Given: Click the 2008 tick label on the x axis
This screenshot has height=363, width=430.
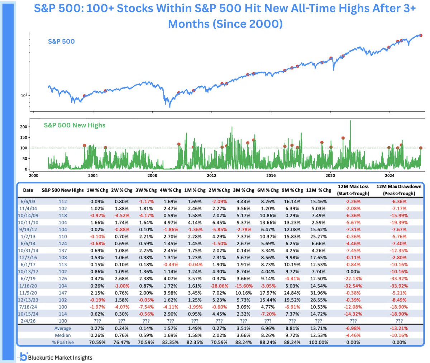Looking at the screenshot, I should pyautogui.click(x=152, y=175).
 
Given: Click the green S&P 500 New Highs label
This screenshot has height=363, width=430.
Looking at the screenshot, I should pyautogui.click(x=75, y=125).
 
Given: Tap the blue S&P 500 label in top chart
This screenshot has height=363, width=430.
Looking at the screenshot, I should pyautogui.click(x=61, y=42).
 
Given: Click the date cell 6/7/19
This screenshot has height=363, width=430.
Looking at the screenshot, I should pyautogui.click(x=28, y=279).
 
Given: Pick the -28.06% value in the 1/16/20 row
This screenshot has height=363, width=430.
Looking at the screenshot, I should pyautogui.click(x=219, y=286).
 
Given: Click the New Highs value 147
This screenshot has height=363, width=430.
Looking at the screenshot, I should pyautogui.click(x=62, y=293).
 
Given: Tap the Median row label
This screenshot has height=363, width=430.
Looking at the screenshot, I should pyautogui.click(x=63, y=335).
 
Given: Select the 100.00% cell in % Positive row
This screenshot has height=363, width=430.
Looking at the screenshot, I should pyautogui.click(x=319, y=342).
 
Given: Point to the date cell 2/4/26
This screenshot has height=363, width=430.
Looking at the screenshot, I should pyautogui.click(x=28, y=321).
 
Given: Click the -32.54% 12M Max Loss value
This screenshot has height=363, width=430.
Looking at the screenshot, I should pyautogui.click(x=353, y=286).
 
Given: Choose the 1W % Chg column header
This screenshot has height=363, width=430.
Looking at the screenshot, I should pyautogui.click(x=97, y=190).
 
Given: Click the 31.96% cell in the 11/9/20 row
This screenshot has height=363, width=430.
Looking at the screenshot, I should pyautogui.click(x=319, y=293).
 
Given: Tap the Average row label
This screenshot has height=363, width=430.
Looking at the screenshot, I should pyautogui.click(x=63, y=328).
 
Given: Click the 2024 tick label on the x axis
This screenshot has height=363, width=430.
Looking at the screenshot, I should pyautogui.click(x=390, y=175).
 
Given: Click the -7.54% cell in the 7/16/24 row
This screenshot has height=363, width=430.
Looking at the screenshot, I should pyautogui.click(x=146, y=307).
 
